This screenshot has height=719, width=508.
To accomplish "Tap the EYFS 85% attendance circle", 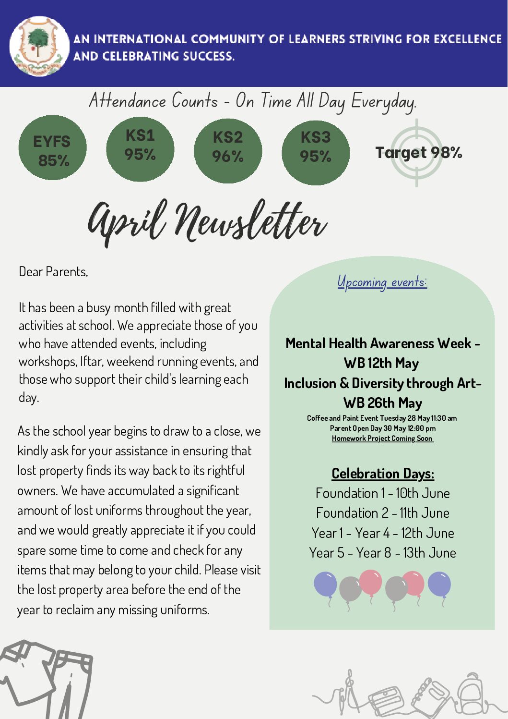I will [52, 148].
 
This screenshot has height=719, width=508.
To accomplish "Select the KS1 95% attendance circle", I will [140, 148].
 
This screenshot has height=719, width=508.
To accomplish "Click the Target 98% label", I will [418, 153].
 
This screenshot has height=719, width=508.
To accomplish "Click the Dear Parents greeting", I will [53, 272].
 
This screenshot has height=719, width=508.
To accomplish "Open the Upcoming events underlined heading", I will [382, 282].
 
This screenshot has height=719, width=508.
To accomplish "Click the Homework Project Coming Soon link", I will [382, 439].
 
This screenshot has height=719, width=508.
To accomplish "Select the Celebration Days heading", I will [383, 474].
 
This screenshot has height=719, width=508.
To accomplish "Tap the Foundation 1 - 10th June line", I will [382, 493].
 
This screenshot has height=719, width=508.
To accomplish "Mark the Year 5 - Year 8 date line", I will [382, 553].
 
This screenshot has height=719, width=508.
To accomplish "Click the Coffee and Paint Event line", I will [382, 418].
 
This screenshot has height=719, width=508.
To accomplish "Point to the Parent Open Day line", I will [382, 428].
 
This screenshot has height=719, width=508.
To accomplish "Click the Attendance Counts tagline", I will [252, 101].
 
